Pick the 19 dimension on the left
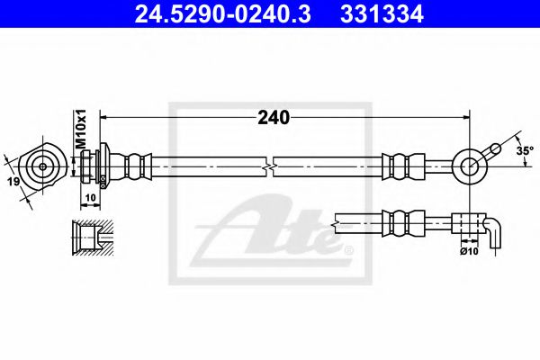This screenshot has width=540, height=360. coord(13,183)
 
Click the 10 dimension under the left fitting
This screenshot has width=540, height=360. coord(90,195)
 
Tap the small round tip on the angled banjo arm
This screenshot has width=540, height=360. coord(494,146)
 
